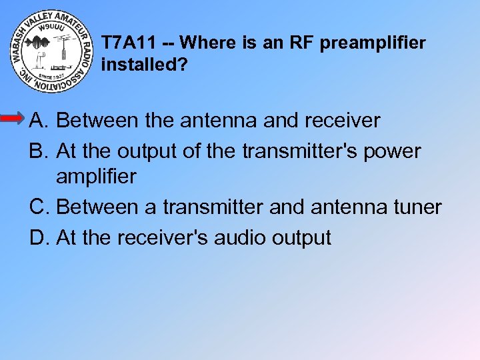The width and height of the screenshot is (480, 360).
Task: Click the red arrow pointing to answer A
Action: [x=13, y=119]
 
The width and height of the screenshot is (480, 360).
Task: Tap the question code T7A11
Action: [x=129, y=43]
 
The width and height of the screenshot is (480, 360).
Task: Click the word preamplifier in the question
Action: [x=373, y=44]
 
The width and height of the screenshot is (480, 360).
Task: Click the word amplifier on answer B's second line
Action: [x=96, y=177]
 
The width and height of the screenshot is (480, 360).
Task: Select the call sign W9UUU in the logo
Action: [x=51, y=29]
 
